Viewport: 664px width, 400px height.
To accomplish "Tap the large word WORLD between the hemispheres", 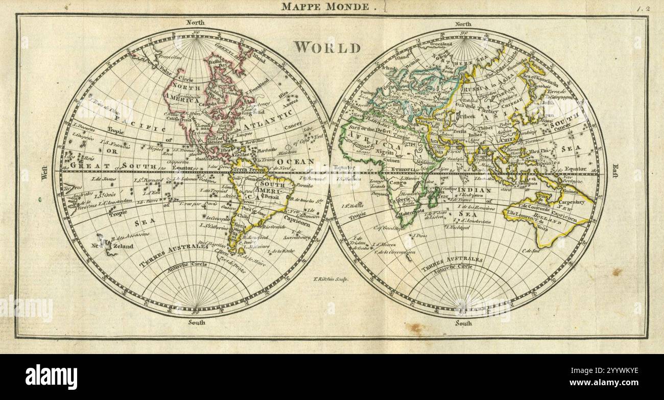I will pos(327,48).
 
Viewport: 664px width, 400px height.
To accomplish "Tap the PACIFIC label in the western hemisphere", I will pos(123,119).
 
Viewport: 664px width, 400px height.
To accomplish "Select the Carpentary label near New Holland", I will pos(572,202).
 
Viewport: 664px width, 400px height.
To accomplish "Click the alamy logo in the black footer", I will pos(51,377).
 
